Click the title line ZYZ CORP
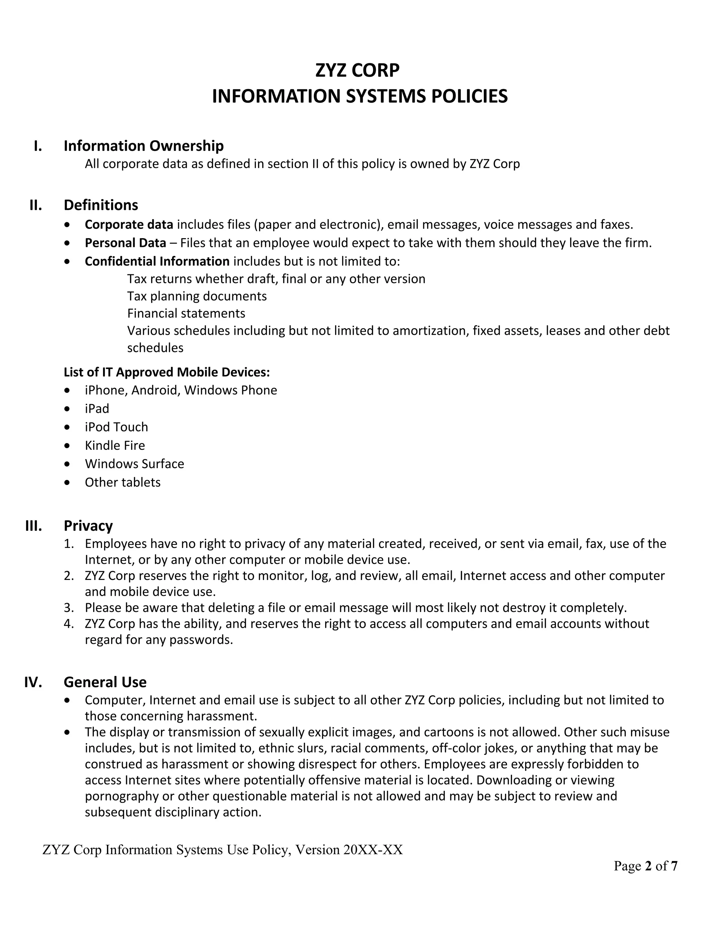click(357, 70)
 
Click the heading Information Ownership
click(143, 146)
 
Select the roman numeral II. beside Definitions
click(36, 205)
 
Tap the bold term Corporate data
click(129, 224)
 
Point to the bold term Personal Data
click(126, 243)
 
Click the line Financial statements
click(186, 313)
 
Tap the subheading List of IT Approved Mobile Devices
click(167, 372)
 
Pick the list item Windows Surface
click(134, 464)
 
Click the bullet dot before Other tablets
click(67, 483)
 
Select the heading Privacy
click(88, 526)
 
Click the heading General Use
click(105, 682)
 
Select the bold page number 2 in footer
click(648, 866)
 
